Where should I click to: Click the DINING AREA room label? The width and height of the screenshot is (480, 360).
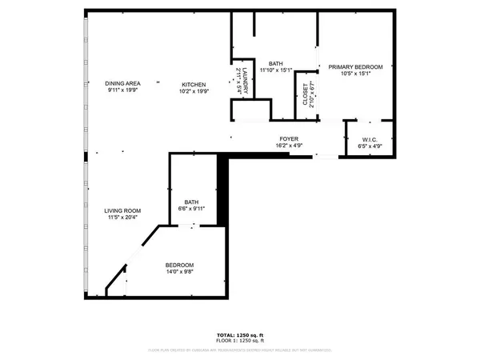(122, 83)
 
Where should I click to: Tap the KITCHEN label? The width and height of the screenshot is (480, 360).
(194, 85)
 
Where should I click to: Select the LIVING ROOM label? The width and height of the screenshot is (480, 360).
(122, 210)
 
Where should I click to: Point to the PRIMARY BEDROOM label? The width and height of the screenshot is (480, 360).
(350, 67)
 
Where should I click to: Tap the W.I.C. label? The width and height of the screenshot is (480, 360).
(369, 139)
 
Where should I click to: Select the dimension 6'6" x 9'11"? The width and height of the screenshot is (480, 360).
(191, 209)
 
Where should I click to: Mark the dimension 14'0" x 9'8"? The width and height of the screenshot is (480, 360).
(179, 272)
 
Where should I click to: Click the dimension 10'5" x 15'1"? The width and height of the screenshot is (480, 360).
(350, 74)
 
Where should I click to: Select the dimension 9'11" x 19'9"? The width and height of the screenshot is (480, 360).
(122, 90)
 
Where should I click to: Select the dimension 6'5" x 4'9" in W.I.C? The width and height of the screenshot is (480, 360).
(369, 146)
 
